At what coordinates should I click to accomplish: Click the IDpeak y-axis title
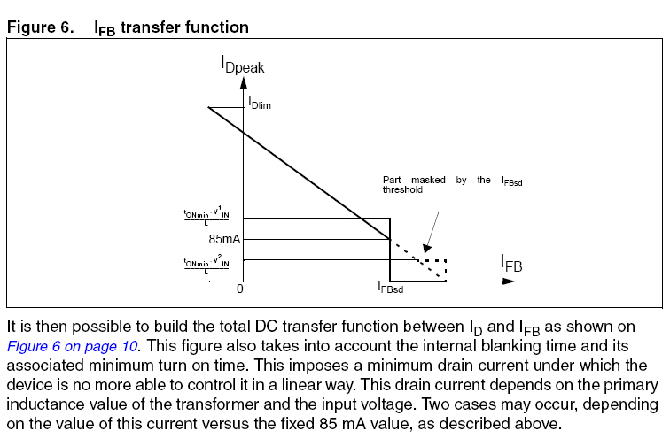tap(242, 65)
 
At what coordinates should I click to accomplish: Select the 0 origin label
tap(240, 289)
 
